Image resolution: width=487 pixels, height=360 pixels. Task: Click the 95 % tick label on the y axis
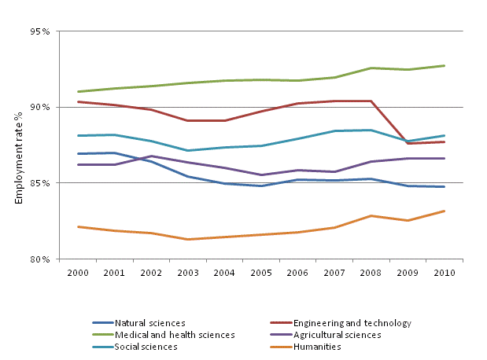pos(40,32)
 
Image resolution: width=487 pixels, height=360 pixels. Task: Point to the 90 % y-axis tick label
pos(40,108)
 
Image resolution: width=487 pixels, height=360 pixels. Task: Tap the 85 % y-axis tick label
pos(40,183)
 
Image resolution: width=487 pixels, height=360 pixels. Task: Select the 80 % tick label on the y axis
pos(40,259)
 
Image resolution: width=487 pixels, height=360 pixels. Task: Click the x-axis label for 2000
pos(79,273)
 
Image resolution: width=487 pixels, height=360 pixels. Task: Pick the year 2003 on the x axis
pos(187,273)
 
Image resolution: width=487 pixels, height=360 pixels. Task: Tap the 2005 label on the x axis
pos(260,273)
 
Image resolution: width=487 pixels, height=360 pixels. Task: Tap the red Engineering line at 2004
pos(223,120)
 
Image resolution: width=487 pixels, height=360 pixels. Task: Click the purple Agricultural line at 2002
pos(151,156)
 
